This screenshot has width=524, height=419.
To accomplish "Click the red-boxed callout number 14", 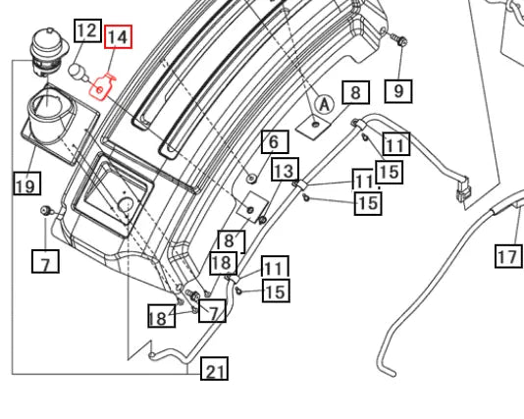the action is coord(118,37).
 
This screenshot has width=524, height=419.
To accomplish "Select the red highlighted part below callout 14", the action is coord(101,87).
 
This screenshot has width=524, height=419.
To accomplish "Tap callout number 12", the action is coord(87,30).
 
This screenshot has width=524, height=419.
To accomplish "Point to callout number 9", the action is coord(398,91).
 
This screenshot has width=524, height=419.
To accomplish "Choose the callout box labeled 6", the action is coord(275,141).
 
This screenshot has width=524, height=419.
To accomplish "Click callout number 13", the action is coord(285,170).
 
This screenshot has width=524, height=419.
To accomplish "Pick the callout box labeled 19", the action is coord(27,183).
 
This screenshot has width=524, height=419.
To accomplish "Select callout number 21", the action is coord(214,369).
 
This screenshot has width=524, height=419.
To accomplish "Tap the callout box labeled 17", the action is coord(508,256).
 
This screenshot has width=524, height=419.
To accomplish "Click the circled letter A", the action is coord(325,104).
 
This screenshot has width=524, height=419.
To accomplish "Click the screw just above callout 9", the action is coord(398,39).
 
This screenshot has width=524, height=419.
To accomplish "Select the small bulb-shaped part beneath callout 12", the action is coord(79,72).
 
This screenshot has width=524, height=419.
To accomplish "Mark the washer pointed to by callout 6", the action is coord(251,179).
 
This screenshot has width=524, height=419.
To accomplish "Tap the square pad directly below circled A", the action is coord(314,127).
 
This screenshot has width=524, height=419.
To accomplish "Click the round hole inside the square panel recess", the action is coord(127,204).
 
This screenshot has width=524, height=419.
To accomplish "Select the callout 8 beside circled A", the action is coord(356,92).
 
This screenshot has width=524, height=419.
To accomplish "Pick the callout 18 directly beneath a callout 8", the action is coord(224,263).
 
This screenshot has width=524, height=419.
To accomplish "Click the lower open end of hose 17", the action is coord(392,373).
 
